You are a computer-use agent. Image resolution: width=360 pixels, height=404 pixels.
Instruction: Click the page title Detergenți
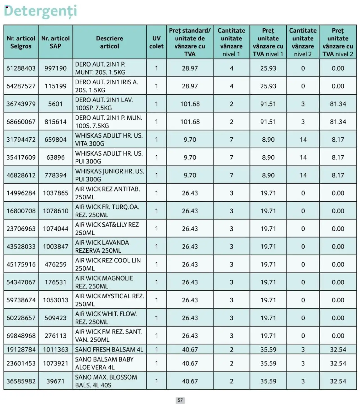pyautogui.click(x=40, y=11)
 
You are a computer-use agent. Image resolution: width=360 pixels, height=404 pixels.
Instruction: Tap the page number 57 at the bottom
pyautogui.click(x=180, y=400)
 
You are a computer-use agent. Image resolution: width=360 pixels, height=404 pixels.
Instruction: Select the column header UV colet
pyautogui.click(x=156, y=42)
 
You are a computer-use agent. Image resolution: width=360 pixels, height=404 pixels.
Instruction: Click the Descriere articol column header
pyautogui.click(x=109, y=42)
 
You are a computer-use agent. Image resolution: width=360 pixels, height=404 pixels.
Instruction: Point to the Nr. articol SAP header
pyautogui.click(x=55, y=42)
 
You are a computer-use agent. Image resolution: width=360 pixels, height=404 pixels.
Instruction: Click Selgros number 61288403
pyautogui.click(x=21, y=68)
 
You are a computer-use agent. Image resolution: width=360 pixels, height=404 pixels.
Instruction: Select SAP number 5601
pyautogui.click(x=55, y=104)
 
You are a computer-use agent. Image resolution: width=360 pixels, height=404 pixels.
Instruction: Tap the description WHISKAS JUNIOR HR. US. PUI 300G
pyautogui.click(x=109, y=175)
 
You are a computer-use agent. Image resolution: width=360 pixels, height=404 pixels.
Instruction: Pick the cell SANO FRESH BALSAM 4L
pyautogui.click(x=109, y=349)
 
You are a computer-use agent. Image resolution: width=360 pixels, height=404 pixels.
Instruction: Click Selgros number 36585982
pyautogui.click(x=21, y=381)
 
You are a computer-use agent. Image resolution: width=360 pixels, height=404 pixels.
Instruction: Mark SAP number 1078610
pyautogui.click(x=55, y=211)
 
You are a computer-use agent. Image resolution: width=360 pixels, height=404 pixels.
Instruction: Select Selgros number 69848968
pyautogui.click(x=21, y=336)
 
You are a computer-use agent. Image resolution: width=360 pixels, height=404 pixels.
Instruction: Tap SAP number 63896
pyautogui.click(x=55, y=157)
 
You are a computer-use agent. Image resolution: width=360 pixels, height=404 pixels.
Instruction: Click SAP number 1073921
pyautogui.click(x=55, y=363)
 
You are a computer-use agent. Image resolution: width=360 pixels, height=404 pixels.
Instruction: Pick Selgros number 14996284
pyautogui.click(x=21, y=193)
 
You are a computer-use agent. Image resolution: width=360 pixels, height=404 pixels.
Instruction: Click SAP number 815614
pyautogui.click(x=55, y=122)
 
